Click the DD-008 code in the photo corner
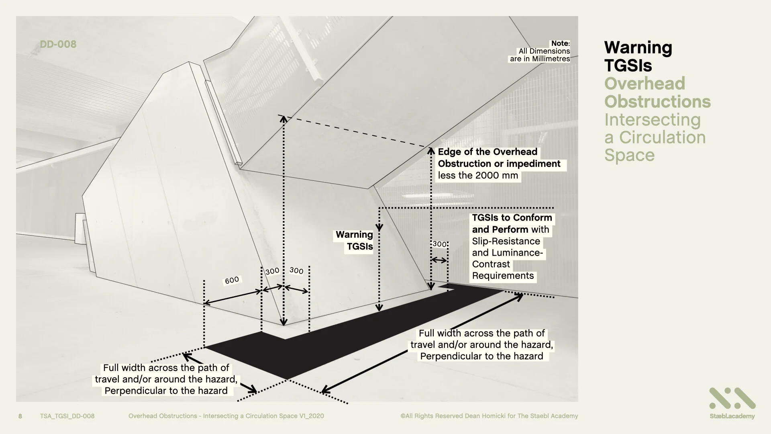point(58,44)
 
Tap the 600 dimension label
point(232,280)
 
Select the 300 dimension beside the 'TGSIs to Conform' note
point(439,244)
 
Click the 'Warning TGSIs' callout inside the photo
point(354,240)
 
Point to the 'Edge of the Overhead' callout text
point(487,152)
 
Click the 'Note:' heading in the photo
point(560,43)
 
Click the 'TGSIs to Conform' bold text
point(512,218)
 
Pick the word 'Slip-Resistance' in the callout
point(506,241)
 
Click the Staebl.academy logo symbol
point(732,398)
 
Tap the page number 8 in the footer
point(20,416)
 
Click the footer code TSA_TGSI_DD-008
point(67,416)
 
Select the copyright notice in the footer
point(489,416)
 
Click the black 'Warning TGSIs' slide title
point(638,56)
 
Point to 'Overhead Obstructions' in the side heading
point(657,92)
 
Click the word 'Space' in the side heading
point(629,155)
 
